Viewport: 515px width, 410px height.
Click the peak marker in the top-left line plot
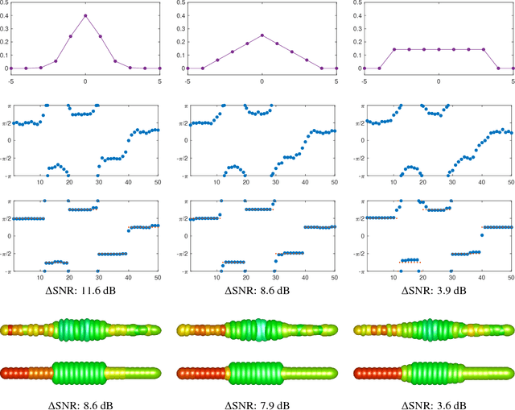[x=85, y=15]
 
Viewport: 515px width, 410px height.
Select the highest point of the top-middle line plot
[x=262, y=35]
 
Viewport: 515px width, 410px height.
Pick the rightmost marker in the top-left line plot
[x=160, y=68]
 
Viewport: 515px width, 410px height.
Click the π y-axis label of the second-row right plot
[x=358, y=106]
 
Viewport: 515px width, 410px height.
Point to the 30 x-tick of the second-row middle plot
[x=274, y=182]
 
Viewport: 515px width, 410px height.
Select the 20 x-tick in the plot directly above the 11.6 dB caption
[x=69, y=276]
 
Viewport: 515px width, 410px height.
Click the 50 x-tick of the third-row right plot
[x=512, y=276]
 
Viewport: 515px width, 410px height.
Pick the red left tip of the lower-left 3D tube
[x=6, y=371]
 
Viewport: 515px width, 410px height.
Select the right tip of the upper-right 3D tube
[x=509, y=329]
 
